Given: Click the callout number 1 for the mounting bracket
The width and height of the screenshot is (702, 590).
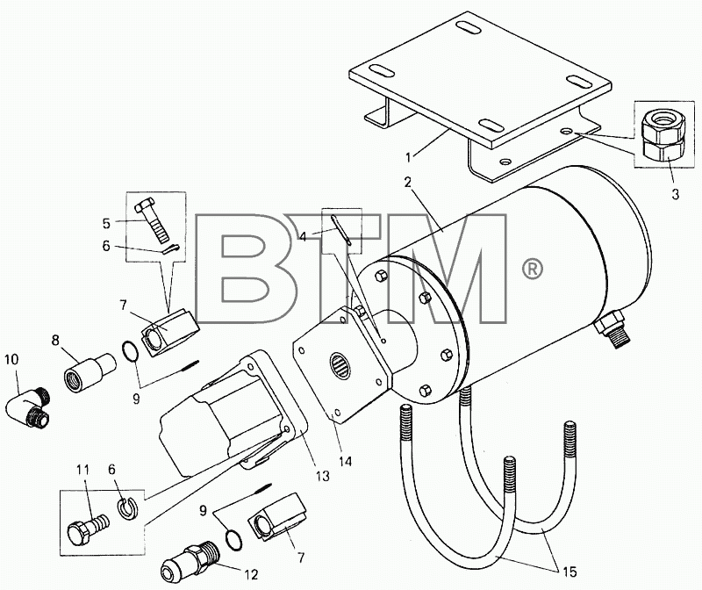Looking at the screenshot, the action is pyautogui.click(x=408, y=157).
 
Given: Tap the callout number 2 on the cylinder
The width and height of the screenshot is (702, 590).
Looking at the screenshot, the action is pyautogui.click(x=407, y=183).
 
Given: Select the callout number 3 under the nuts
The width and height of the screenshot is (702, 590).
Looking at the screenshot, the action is pyautogui.click(x=675, y=194).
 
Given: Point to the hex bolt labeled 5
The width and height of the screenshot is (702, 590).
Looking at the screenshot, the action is pyautogui.click(x=152, y=219).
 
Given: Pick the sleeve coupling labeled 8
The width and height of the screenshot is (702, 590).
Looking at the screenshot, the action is pyautogui.click(x=90, y=366).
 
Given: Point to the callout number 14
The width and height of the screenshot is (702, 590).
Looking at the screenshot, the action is pyautogui.click(x=345, y=461).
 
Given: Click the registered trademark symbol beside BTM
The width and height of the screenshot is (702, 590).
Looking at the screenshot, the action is pyautogui.click(x=533, y=269).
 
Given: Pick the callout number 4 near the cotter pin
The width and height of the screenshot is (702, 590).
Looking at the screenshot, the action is pyautogui.click(x=303, y=236).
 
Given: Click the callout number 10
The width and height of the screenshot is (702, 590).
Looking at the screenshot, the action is pyautogui.click(x=11, y=359).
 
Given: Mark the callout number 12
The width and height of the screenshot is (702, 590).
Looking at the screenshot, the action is pyautogui.click(x=252, y=574).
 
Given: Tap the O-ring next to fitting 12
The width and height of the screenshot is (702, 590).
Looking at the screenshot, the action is pyautogui.click(x=233, y=540).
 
